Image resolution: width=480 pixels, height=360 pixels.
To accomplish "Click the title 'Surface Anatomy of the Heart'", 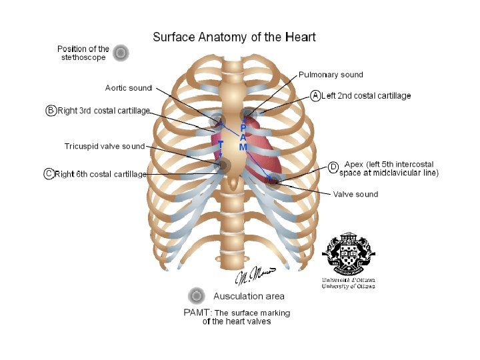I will pyautogui.click(x=234, y=37).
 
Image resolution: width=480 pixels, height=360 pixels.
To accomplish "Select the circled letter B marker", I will pyautogui.click(x=51, y=111).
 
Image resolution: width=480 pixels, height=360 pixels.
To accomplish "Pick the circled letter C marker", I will pyautogui.click(x=49, y=174).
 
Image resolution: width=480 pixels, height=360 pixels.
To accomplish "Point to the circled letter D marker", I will pyautogui.click(x=333, y=167).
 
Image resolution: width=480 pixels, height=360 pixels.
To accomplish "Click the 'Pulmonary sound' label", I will pyautogui.click(x=331, y=75).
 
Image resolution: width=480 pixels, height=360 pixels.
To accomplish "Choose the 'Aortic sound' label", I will pyautogui.click(x=129, y=88).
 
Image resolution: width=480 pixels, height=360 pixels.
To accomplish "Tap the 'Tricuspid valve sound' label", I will pyautogui.click(x=104, y=146).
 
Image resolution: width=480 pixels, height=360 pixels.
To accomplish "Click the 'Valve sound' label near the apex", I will pyautogui.click(x=355, y=195).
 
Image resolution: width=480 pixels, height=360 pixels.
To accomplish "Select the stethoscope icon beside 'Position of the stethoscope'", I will pyautogui.click(x=120, y=53).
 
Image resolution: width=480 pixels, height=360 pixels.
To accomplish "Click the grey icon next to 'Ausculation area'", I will pyautogui.click(x=196, y=296).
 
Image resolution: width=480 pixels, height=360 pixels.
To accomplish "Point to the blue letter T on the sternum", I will pyautogui.click(x=221, y=144).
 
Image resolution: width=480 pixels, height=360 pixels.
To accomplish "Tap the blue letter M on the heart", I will pyautogui.click(x=243, y=147).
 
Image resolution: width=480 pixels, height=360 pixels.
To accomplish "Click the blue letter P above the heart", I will pyautogui.click(x=243, y=127).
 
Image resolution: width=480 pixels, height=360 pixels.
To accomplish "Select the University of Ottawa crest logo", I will pyautogui.click(x=348, y=257).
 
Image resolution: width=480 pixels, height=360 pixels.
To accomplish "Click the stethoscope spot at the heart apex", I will pyautogui.click(x=273, y=179).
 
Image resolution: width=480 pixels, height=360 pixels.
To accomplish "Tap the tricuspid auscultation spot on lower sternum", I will pyautogui.click(x=224, y=165).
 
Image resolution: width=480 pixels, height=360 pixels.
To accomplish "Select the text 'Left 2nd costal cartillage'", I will pyautogui.click(x=366, y=96).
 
